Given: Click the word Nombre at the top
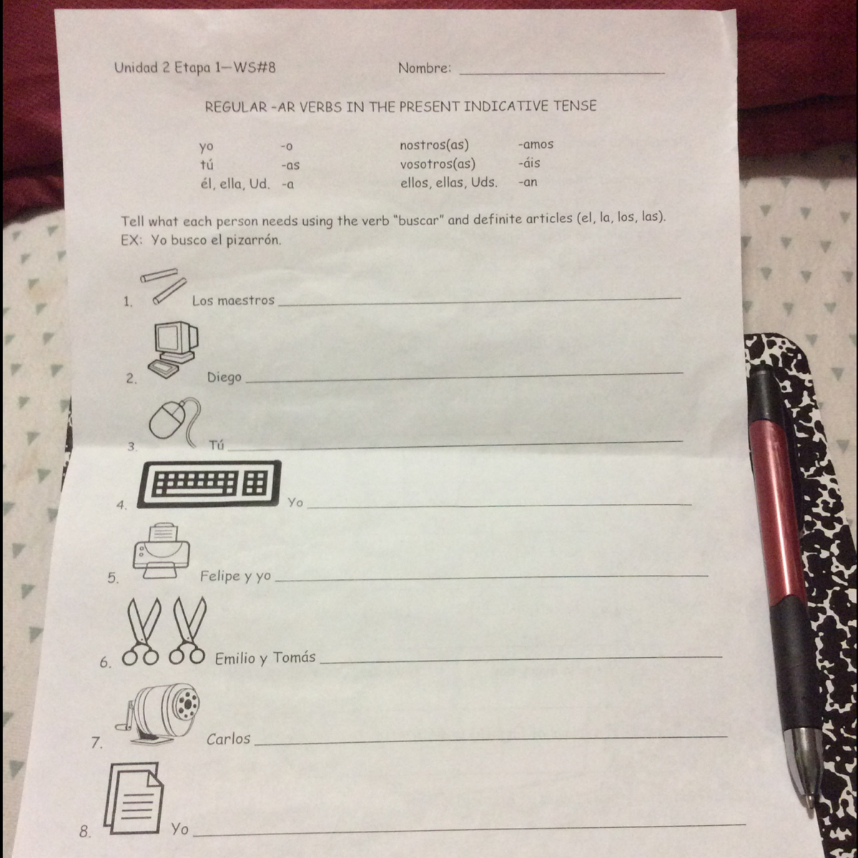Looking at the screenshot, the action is (x=424, y=68).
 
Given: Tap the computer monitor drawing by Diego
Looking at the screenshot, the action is (x=174, y=350).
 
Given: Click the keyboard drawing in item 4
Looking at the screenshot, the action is (x=209, y=484).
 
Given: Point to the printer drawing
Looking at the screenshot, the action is (x=161, y=551).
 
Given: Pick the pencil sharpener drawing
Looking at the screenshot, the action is (x=158, y=714).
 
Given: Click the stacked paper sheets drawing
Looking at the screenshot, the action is (x=134, y=799).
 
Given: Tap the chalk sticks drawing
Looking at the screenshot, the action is (x=163, y=286).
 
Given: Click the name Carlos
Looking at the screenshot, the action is (x=228, y=739).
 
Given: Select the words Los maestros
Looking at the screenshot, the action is (x=233, y=300).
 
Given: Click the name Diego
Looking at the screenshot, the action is (x=225, y=378).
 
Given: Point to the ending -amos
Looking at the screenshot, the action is (x=536, y=144).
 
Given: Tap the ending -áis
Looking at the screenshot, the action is (x=529, y=163).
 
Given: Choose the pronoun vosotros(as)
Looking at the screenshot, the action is (x=438, y=164).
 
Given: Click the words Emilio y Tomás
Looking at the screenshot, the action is (x=265, y=658).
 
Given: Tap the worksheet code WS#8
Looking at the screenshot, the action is (x=255, y=68).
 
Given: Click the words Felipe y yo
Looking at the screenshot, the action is (x=235, y=576).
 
